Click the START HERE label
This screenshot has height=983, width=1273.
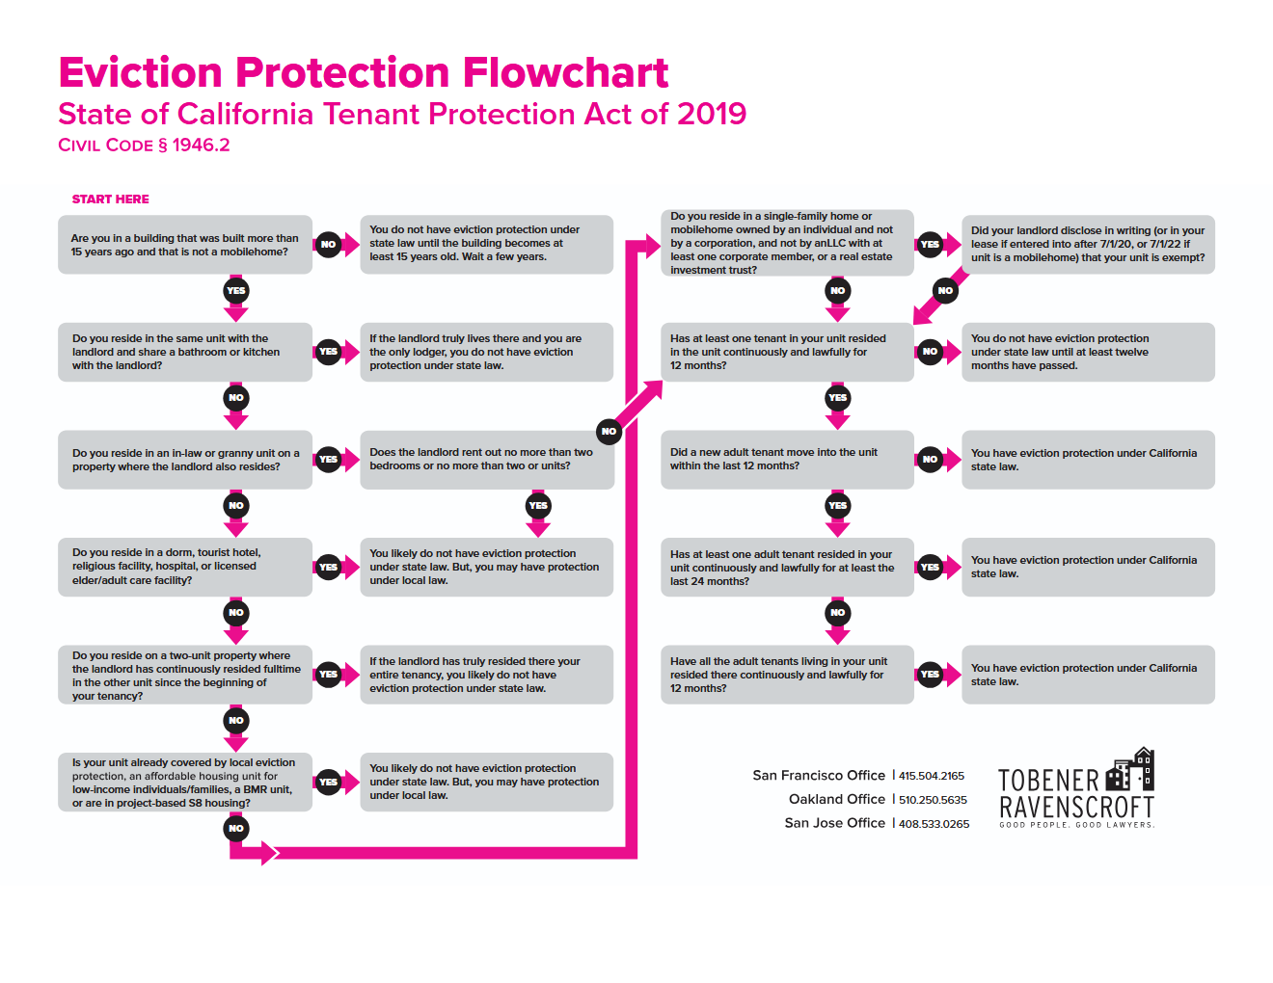click(110, 199)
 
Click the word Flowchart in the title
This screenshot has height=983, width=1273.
click(565, 72)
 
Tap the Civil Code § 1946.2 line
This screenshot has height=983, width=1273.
click(144, 145)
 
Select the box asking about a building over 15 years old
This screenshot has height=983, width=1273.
click(184, 245)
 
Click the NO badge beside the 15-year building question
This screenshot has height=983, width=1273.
click(328, 244)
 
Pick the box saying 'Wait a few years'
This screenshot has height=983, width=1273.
click(486, 245)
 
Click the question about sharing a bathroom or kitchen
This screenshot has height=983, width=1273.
click(184, 352)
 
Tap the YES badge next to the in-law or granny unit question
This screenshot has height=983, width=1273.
click(328, 459)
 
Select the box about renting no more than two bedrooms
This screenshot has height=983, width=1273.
click(486, 460)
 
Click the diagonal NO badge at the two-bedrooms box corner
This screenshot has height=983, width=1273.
click(609, 432)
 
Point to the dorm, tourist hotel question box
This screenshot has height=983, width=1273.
click(184, 567)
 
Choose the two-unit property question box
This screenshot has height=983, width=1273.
click(184, 675)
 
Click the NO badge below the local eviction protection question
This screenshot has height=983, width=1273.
click(236, 829)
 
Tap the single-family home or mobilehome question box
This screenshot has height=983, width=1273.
click(787, 243)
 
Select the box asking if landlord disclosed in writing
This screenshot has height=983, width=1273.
click(1088, 245)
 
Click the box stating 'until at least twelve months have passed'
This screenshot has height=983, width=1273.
click(1088, 352)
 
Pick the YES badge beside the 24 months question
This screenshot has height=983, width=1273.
click(930, 567)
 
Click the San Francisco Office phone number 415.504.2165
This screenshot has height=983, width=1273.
click(932, 776)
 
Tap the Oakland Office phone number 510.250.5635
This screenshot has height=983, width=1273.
click(933, 800)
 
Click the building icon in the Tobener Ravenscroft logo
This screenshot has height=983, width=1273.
click(1129, 769)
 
